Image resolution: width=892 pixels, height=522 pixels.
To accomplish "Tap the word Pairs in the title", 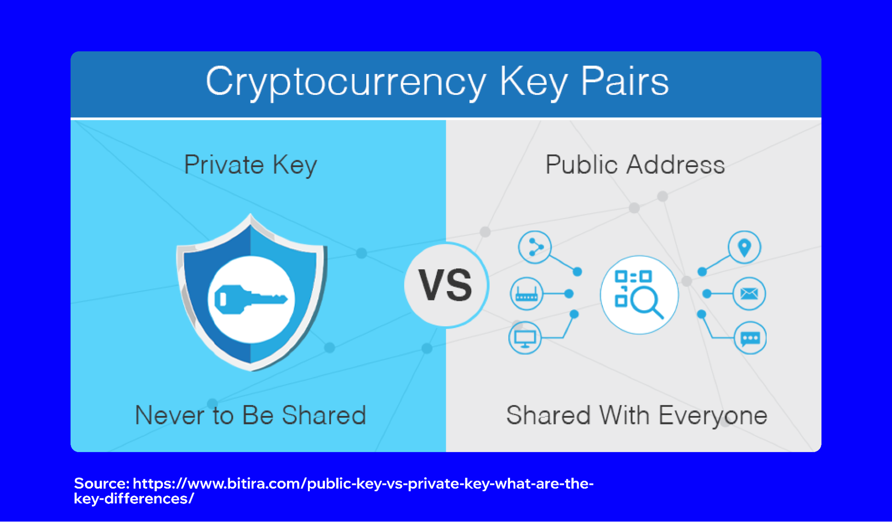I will pos(624,82).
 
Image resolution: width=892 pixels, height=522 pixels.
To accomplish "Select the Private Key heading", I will pos(250,165).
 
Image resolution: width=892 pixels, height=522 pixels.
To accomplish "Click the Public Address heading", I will pos(635,165).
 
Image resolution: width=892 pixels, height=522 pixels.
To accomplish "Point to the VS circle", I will pos(446,285).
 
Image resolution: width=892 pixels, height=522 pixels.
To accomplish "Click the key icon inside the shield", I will pos(250,300).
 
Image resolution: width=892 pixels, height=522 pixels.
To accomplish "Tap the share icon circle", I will pos(535,247).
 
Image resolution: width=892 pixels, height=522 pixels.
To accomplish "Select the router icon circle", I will pos(527,294).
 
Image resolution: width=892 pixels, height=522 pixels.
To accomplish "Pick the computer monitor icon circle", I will pos(525,337).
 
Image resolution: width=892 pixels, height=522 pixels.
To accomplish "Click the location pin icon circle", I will pos(744,247).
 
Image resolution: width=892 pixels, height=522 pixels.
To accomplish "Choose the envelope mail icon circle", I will pos(749,294).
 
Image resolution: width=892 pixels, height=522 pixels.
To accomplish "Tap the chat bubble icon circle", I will pos(750,338).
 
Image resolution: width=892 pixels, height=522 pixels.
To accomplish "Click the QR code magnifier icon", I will pos(639,295).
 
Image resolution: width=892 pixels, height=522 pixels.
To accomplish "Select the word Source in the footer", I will pos(101,484).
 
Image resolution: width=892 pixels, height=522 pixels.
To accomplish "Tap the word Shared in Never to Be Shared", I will pos(324,415).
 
